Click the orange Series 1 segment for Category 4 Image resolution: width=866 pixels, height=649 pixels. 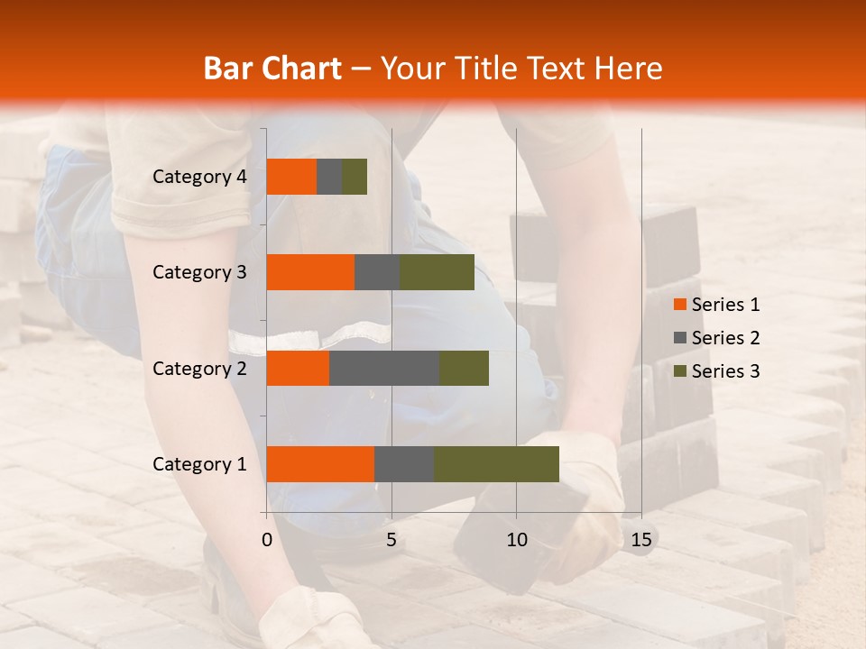[x=291, y=177]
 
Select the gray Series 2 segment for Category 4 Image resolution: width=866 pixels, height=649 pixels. [x=329, y=177]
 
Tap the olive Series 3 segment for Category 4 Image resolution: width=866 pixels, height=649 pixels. [x=355, y=177]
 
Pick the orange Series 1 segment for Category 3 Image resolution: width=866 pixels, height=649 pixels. [x=310, y=272]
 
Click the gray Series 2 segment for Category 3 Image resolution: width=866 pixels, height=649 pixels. [x=377, y=272]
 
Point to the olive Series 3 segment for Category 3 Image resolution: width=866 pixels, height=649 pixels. [x=437, y=272]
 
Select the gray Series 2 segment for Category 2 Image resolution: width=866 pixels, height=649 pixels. [x=384, y=368]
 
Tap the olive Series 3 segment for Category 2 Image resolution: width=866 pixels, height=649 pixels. [x=464, y=368]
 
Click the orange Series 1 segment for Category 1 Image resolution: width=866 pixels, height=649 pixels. [x=320, y=464]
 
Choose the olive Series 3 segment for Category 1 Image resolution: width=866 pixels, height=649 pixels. [x=496, y=464]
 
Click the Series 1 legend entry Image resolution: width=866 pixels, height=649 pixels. [x=716, y=305]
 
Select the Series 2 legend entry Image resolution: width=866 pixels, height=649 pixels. [x=716, y=338]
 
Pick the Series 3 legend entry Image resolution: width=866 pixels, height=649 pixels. [x=716, y=371]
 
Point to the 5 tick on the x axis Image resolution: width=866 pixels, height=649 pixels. [x=392, y=540]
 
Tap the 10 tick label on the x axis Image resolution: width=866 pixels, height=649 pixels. [x=516, y=540]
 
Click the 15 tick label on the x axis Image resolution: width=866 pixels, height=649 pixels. [x=641, y=540]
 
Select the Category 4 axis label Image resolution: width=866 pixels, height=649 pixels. [x=199, y=177]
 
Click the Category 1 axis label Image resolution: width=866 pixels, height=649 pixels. [x=199, y=464]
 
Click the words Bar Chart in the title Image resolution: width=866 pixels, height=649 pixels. [x=272, y=69]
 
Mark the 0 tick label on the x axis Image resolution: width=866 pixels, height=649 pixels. [x=267, y=540]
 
